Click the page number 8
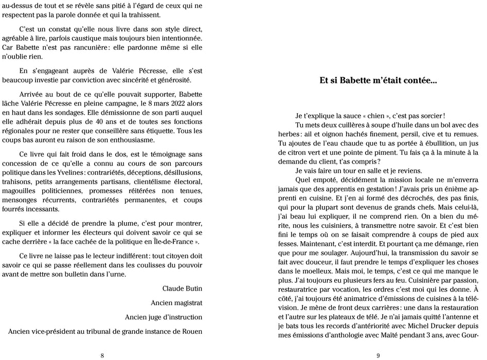coord(102,355)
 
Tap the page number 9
coord(378,355)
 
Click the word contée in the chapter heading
coord(419,80)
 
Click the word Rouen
coord(191,332)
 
